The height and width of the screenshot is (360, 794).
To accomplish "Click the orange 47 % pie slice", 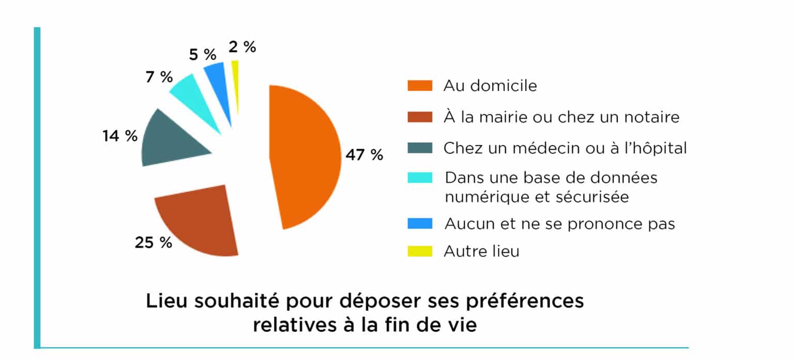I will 305,155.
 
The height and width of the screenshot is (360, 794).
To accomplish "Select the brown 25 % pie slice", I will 202,222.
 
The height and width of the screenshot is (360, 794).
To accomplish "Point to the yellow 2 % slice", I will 236,83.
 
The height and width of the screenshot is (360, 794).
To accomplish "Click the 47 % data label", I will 364,155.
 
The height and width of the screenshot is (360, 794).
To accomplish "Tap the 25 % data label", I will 154,242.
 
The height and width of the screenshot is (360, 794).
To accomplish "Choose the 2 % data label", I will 242,47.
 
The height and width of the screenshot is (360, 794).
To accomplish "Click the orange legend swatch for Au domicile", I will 419,86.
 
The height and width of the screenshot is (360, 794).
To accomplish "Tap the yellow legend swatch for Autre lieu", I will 419,252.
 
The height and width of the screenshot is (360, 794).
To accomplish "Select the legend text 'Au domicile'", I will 490,86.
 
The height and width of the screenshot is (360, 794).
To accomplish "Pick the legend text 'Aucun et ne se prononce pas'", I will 559,224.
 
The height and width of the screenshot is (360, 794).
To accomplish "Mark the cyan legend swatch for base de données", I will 419,178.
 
